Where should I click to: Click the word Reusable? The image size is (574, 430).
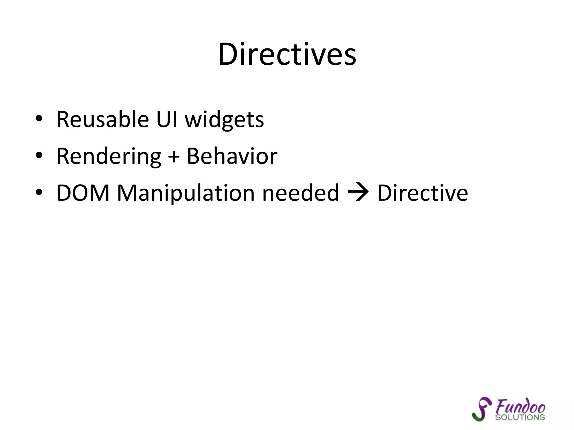103,120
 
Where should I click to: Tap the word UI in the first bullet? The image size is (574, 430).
167,120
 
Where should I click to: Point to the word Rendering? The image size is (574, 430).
109,156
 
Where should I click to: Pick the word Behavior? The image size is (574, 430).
232,156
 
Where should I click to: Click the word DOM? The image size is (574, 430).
83,193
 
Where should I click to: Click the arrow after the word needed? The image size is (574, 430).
358,193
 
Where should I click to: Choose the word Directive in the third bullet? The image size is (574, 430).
422,193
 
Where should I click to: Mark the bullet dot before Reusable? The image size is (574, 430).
39,119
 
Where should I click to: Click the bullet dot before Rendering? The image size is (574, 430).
39,155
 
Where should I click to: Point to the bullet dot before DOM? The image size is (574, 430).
39,192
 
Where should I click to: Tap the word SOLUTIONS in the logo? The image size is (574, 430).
520,417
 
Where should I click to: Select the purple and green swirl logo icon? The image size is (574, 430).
482,409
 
